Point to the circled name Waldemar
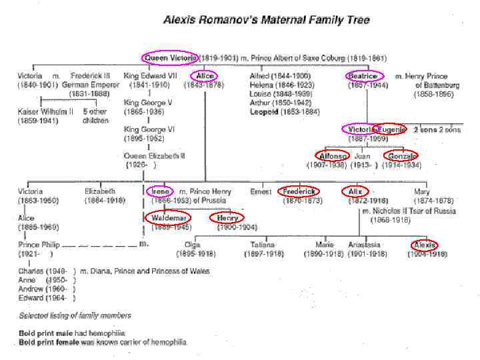tap(168, 218)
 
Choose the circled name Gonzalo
tap(401, 156)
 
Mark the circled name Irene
tap(161, 191)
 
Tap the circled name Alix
tap(355, 191)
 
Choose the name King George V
tap(148, 103)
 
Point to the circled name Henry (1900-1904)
tap(227, 218)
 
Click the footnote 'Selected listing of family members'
tap(74, 316)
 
